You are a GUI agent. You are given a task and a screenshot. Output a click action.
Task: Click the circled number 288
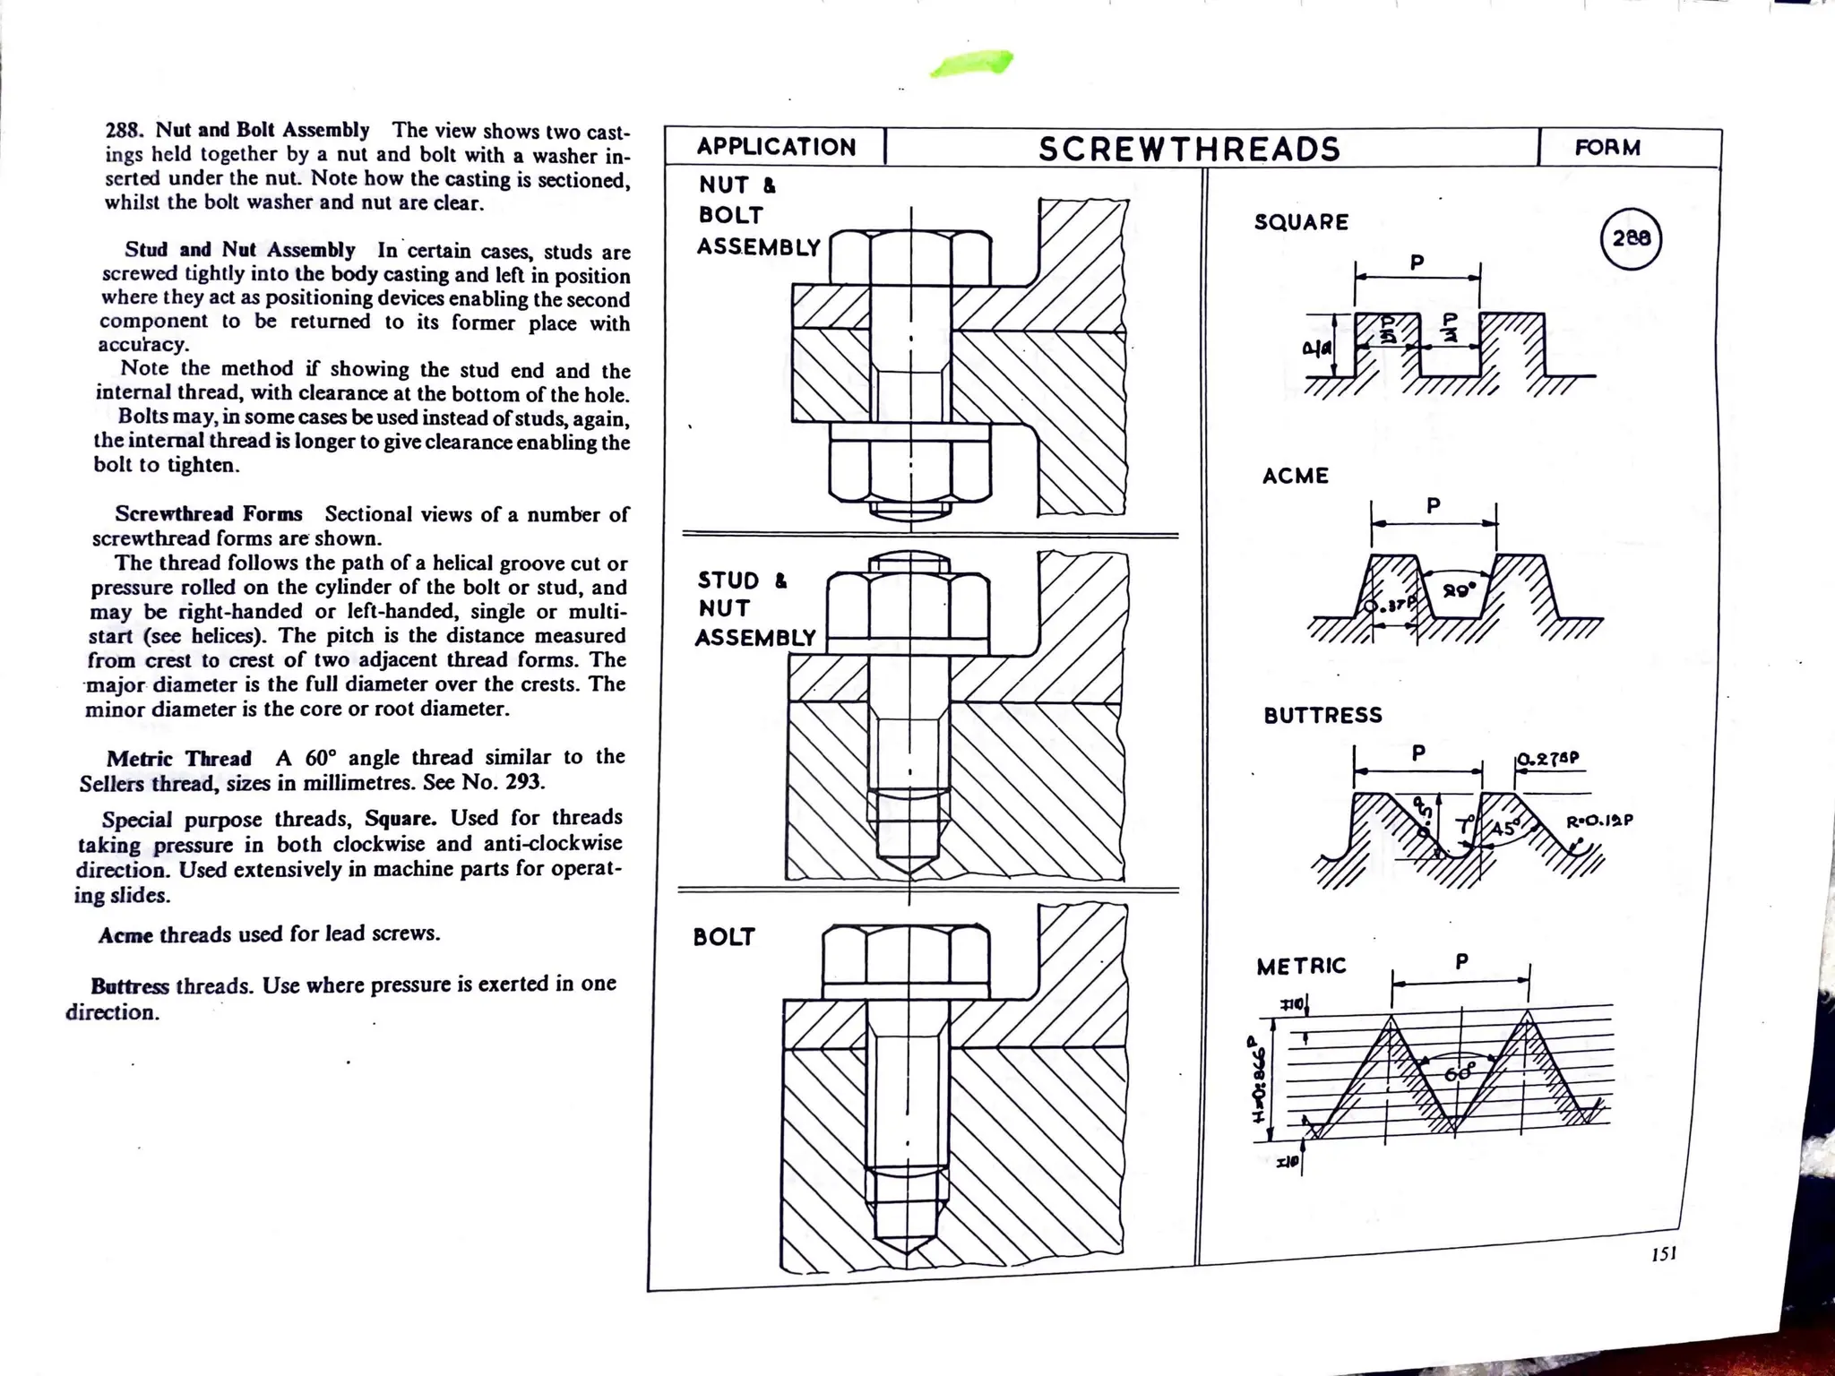[1630, 238]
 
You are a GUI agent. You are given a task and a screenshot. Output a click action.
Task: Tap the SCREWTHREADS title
[1189, 149]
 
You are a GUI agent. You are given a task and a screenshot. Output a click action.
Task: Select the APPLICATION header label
[776, 147]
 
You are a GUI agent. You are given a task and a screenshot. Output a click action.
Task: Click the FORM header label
[1607, 148]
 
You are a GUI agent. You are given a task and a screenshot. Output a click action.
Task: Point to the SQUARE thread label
[1301, 222]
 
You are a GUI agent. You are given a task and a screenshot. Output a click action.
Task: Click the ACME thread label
[1295, 476]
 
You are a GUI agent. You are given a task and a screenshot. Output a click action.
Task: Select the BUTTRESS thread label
[1322, 715]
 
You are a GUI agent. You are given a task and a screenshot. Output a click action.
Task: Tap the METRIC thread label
[1301, 967]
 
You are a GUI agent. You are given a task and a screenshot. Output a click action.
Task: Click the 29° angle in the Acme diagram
[1458, 591]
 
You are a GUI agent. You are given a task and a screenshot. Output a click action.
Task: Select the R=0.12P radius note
[1599, 821]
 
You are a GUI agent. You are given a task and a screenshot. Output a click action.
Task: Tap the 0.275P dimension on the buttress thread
[1547, 759]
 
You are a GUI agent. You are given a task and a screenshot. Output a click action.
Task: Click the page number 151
[1663, 1253]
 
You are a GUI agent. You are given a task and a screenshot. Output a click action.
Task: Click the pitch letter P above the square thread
[1417, 262]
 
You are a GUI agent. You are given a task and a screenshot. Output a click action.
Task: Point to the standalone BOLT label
[724, 937]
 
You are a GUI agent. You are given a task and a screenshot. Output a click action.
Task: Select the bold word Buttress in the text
[129, 986]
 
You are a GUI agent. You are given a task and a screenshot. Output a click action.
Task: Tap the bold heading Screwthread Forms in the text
[208, 514]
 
